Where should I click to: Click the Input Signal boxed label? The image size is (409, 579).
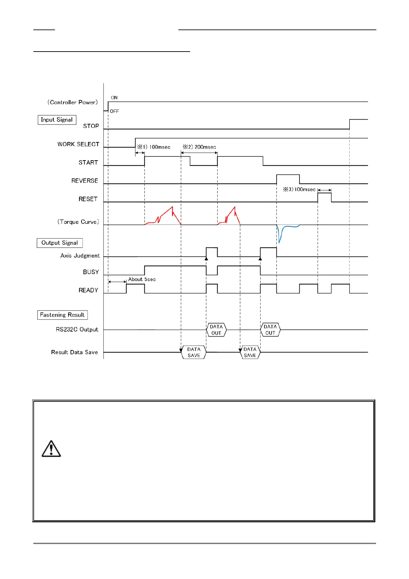[x=57, y=120]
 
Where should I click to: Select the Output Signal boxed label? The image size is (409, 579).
[x=59, y=243]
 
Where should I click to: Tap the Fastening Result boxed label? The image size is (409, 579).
[x=62, y=315]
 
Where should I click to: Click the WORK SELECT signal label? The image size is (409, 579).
[x=78, y=144]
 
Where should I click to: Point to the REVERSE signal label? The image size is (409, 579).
[x=85, y=181]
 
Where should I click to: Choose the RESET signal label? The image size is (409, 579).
[x=88, y=199]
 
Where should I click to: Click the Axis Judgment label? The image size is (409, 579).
[x=80, y=255]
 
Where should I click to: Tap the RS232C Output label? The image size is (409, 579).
[x=77, y=329]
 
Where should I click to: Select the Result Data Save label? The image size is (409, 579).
[x=75, y=352]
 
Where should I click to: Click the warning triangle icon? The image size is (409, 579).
[x=51, y=449]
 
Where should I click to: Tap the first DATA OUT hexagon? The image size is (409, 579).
[x=216, y=330]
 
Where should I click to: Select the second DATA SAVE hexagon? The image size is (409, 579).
[x=250, y=352]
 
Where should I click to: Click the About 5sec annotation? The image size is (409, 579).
[x=142, y=279]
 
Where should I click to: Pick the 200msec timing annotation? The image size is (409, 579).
[x=199, y=147]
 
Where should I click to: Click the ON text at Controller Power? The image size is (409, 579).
[x=114, y=98]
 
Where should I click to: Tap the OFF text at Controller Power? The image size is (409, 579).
[x=114, y=111]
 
